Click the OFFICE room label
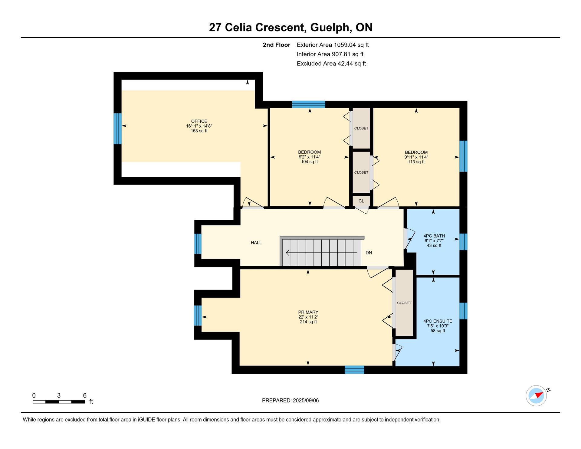(199, 121)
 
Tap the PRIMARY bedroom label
(308, 312)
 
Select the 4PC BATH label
(434, 236)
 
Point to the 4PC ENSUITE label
(438, 321)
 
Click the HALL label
(256, 243)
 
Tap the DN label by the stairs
(369, 253)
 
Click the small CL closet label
(361, 201)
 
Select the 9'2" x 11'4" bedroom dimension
(309, 157)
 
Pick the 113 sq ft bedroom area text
(416, 162)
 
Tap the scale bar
(59, 402)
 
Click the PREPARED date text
(290, 401)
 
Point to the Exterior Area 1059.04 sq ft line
(333, 45)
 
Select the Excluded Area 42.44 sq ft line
(331, 64)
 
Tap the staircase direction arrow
(322, 253)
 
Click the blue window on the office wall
(118, 129)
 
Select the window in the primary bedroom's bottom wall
(354, 370)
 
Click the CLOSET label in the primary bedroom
(404, 303)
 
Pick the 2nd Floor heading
(276, 45)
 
